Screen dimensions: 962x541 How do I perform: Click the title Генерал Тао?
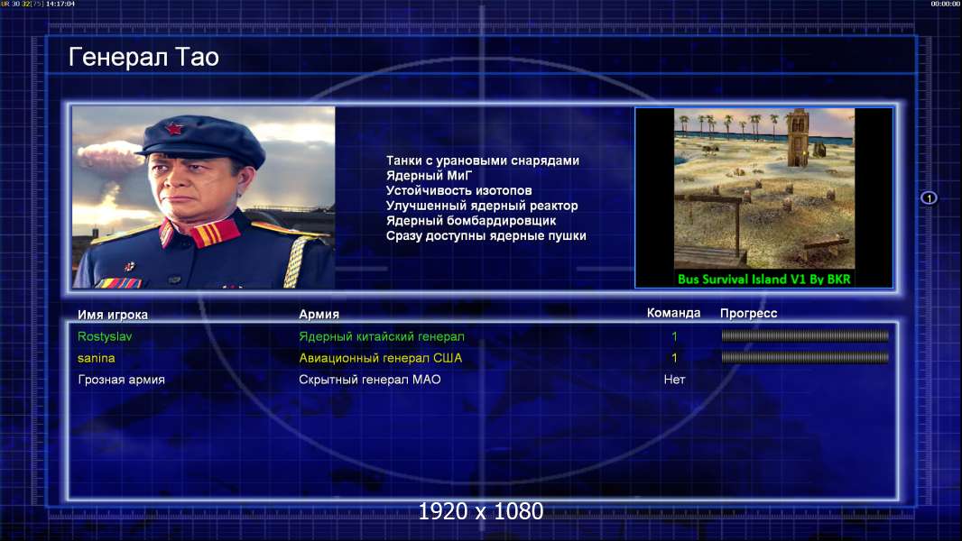[143, 58]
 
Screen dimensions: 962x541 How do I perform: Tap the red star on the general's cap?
[174, 128]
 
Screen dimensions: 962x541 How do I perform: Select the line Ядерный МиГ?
[429, 176]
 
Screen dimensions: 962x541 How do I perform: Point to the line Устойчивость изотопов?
[459, 190]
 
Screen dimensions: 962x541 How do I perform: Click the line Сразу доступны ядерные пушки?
[486, 236]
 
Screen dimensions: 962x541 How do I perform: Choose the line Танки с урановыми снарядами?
[482, 160]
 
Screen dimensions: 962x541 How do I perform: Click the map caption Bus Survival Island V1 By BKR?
[763, 280]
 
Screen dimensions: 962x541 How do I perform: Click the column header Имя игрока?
[112, 315]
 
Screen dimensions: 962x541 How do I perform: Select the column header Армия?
[319, 315]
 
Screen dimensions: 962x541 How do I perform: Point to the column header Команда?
[673, 313]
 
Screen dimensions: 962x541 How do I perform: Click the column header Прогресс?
[748, 314]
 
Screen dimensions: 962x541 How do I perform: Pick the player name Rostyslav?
[105, 336]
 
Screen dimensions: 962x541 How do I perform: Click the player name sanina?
[97, 358]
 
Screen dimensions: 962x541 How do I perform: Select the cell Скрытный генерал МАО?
[370, 380]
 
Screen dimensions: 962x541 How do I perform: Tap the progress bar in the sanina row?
[805, 357]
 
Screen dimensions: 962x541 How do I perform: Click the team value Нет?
[674, 380]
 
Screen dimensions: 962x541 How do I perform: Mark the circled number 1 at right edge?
[929, 197]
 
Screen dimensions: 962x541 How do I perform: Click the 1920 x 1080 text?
[481, 511]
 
